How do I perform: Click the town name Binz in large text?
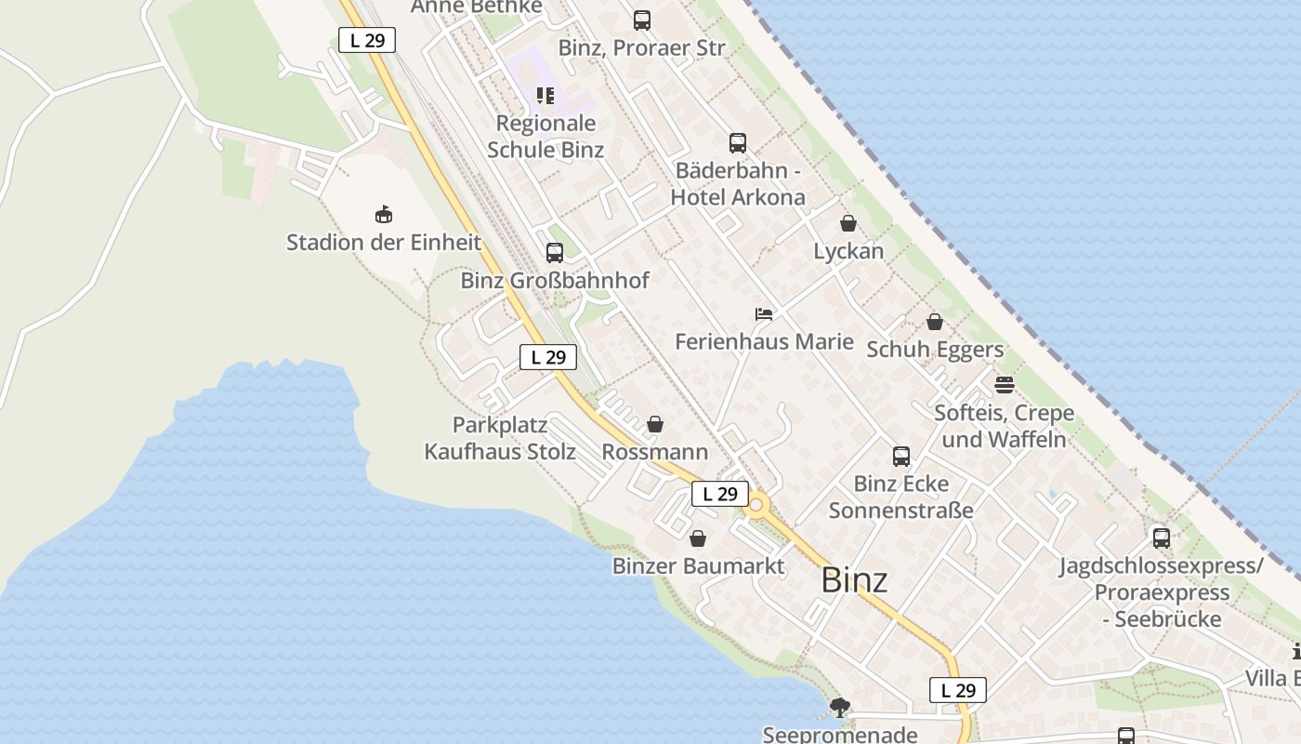[854, 580]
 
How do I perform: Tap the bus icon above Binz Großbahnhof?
[555, 252]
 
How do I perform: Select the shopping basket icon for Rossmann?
[655, 424]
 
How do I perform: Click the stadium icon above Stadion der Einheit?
[383, 215]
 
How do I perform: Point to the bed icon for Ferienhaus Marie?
[764, 314]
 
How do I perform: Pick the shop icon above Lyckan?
[848, 223]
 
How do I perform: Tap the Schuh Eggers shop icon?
[935, 322]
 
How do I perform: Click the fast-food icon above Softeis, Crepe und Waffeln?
[1004, 384]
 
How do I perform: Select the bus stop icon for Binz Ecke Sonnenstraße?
[901, 456]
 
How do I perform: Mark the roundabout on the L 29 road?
[756, 506]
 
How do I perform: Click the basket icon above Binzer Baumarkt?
[698, 538]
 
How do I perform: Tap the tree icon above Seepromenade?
[840, 708]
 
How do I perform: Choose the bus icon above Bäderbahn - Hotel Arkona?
[738, 142]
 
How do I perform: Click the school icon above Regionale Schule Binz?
[545, 95]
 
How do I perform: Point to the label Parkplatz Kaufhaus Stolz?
[500, 438]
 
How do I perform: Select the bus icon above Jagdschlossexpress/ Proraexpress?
[1161, 538]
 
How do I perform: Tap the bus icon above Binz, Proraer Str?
[642, 20]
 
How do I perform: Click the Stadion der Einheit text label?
[384, 243]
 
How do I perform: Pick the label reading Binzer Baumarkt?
[698, 565]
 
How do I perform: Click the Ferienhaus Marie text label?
[764, 341]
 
